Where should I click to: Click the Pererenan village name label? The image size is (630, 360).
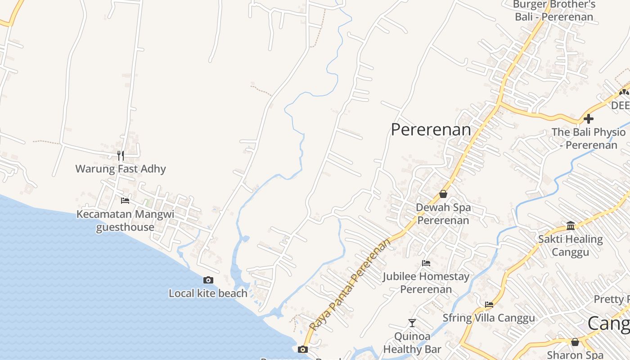(431, 130)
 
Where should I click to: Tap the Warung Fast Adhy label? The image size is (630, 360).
(121, 169)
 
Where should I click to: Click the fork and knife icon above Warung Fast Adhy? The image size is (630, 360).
(121, 156)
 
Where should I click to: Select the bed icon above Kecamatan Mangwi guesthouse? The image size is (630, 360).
(125, 200)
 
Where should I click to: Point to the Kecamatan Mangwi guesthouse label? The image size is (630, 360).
(125, 220)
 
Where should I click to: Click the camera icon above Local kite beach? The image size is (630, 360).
(208, 280)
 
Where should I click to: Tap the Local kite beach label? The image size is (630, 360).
(208, 293)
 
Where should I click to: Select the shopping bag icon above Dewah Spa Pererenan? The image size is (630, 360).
(443, 194)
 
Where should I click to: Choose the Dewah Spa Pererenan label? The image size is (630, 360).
(443, 214)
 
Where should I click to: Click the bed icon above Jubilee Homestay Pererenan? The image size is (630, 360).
(426, 263)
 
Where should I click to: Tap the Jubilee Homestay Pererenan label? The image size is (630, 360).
(426, 283)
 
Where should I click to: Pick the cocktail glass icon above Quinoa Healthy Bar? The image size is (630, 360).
(412, 323)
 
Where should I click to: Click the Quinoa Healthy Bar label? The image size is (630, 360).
(412, 342)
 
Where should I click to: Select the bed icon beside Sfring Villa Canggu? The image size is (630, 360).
(489, 305)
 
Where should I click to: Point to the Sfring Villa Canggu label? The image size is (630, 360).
(489, 318)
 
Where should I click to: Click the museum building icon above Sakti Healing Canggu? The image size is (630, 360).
(571, 225)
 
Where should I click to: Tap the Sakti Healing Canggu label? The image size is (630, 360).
(571, 245)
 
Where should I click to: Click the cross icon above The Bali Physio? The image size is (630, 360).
(589, 119)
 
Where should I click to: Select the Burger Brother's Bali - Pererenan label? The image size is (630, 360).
(554, 11)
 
